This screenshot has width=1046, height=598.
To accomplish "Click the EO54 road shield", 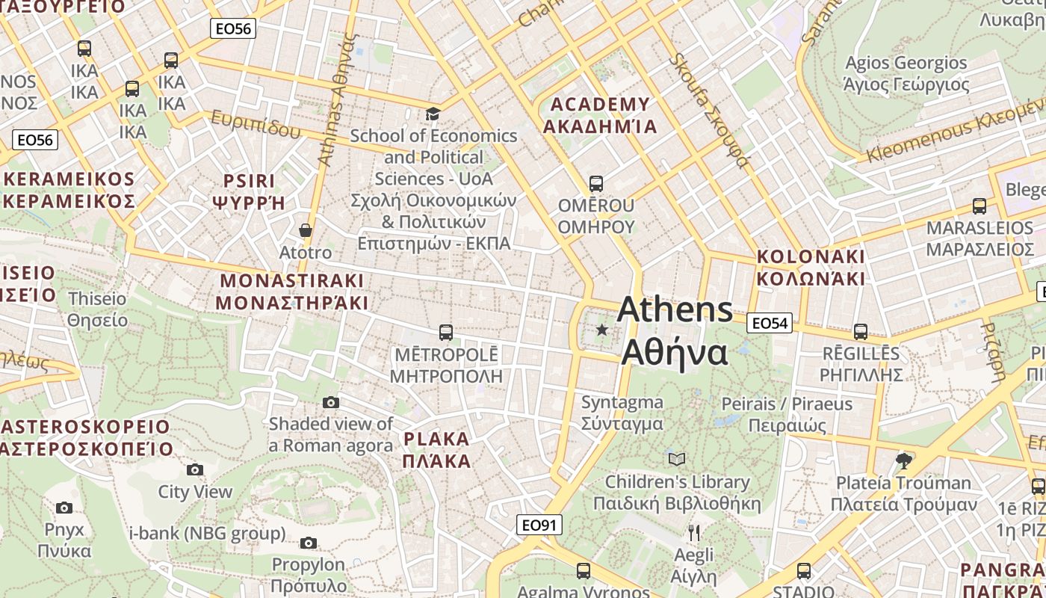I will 770,323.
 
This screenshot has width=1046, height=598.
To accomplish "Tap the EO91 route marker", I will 539,525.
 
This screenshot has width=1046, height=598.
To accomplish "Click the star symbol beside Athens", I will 601,330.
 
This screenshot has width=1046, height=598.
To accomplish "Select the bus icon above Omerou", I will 595,183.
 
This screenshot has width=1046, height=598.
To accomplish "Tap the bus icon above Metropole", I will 446,332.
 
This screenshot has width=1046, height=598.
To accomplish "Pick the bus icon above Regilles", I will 861,331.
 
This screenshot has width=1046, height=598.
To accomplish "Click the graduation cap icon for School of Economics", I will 433,114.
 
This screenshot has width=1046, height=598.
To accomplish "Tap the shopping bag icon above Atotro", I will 305,230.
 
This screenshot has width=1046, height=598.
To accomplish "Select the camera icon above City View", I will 195,469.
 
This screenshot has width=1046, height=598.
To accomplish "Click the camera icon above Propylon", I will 308,543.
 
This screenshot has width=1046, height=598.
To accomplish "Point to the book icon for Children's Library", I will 677,459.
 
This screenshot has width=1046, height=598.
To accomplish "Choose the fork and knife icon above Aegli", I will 694,532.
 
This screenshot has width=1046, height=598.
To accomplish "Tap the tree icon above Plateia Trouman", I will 904,460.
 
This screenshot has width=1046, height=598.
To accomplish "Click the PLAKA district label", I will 436,450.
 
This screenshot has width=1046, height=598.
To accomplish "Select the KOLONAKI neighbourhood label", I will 811,268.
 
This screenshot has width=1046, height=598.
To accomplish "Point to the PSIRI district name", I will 250,191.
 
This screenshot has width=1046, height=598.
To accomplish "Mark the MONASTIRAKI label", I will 291,292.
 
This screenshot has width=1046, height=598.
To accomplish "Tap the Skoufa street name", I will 708,108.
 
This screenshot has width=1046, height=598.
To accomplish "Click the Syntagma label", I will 622,413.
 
